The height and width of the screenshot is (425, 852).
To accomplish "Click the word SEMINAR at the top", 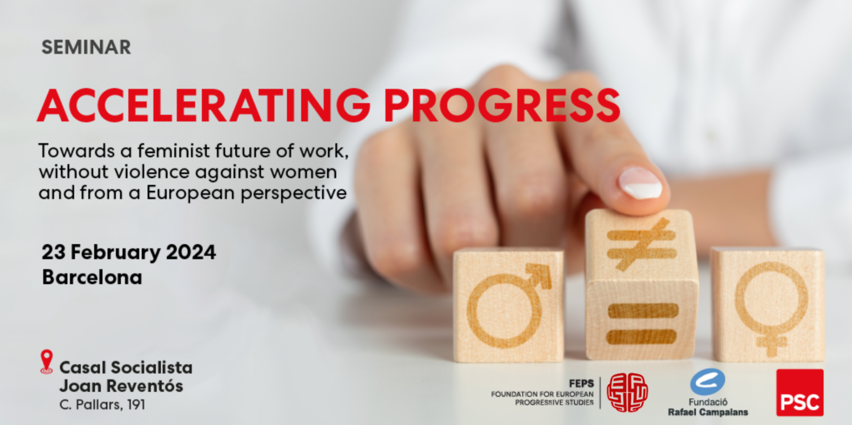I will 86,47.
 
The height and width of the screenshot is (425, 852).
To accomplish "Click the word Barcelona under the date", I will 92,277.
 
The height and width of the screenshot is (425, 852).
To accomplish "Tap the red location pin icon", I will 46,361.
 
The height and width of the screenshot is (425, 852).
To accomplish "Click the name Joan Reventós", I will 120,385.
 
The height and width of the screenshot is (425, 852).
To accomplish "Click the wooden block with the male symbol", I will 508,303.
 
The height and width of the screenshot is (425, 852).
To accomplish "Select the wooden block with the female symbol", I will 767,304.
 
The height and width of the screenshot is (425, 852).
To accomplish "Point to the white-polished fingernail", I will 640,183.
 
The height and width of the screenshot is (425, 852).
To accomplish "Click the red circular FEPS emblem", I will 627,392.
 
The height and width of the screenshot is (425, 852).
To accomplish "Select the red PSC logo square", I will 799,392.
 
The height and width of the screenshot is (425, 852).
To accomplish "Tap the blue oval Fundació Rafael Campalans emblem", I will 707,382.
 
